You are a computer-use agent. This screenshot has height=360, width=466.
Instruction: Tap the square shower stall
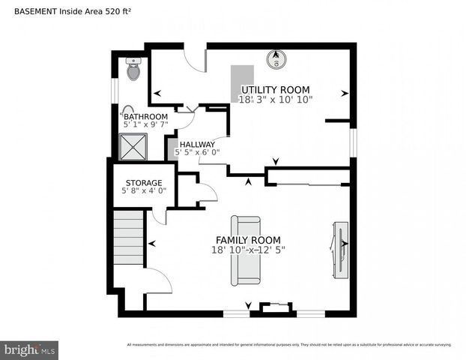pyautogui.click(x=135, y=148)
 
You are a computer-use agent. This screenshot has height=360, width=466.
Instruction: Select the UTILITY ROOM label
pyautogui.click(x=275, y=89)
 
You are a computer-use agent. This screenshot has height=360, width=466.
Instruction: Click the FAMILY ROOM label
pyautogui.click(x=248, y=240)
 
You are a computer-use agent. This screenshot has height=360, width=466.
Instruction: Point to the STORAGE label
pyautogui.click(x=144, y=182)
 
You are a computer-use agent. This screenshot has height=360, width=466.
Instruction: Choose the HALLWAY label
pyautogui.click(x=197, y=144)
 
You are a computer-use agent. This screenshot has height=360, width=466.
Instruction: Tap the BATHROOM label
pyautogui.click(x=145, y=117)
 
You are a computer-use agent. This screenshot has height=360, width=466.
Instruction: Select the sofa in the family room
pyautogui.click(x=246, y=250)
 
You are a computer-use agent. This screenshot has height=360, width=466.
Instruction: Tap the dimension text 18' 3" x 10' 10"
pyautogui.click(x=275, y=99)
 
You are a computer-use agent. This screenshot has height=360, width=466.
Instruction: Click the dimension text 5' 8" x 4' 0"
pyautogui.click(x=144, y=191)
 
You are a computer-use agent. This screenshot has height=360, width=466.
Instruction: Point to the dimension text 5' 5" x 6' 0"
pyautogui.click(x=198, y=152)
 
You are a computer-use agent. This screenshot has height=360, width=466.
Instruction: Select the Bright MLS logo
pyautogui.click(x=30, y=349)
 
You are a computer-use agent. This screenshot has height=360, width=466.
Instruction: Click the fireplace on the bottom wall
pyautogui.click(x=273, y=308)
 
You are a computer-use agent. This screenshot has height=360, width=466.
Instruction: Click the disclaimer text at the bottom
pyautogui.click(x=289, y=345)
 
